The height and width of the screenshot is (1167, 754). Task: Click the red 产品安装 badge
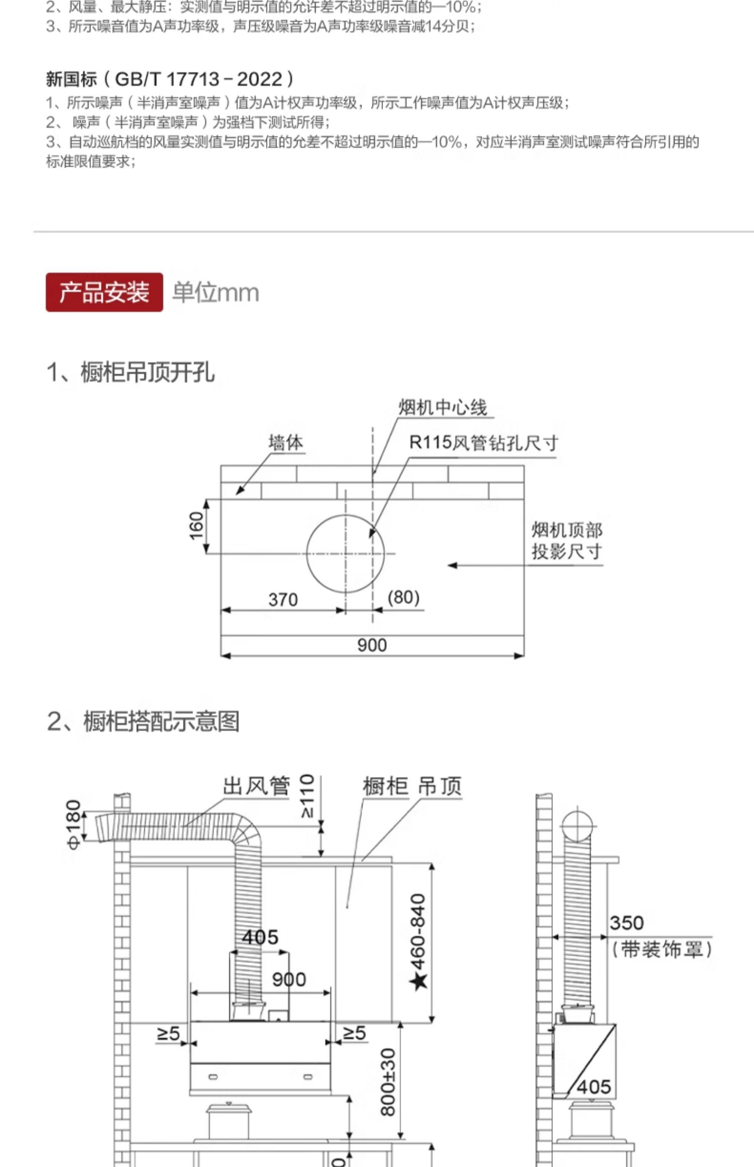click(x=104, y=292)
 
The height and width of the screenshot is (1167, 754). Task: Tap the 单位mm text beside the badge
click(x=216, y=293)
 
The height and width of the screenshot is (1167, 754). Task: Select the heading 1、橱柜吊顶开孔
click(x=131, y=372)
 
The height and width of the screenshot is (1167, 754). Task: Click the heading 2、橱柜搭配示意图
click(x=143, y=721)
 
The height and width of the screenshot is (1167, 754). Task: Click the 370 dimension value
click(x=283, y=600)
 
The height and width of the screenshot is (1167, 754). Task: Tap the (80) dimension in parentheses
click(x=404, y=597)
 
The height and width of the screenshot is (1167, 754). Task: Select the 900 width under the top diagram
click(x=372, y=645)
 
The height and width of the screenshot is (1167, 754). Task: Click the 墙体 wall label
click(x=286, y=443)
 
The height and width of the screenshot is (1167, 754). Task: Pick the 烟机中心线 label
click(x=443, y=407)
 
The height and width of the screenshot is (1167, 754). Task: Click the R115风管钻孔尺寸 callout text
click(x=484, y=443)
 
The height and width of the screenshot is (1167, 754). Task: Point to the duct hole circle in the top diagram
click(x=345, y=553)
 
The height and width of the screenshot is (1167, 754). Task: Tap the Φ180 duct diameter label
click(x=73, y=825)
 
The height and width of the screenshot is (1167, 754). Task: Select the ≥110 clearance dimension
click(x=307, y=796)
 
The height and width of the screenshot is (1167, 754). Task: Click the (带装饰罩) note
click(x=662, y=949)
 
